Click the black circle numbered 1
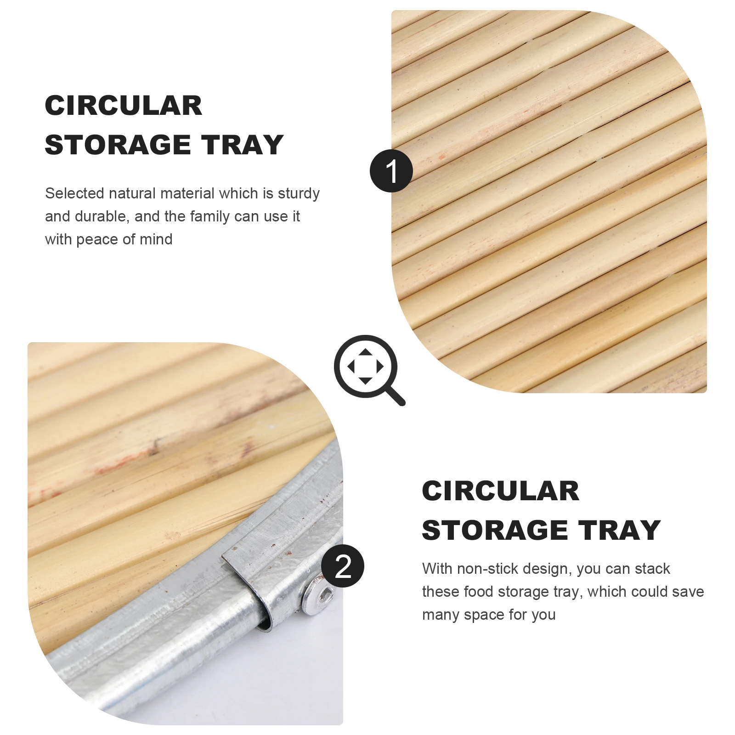pos(391,171)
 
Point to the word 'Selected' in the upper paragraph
pos(74,193)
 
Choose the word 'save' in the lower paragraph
pos(687,592)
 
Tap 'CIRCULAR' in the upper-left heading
pos(124,106)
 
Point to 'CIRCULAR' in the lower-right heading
pos(501,491)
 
